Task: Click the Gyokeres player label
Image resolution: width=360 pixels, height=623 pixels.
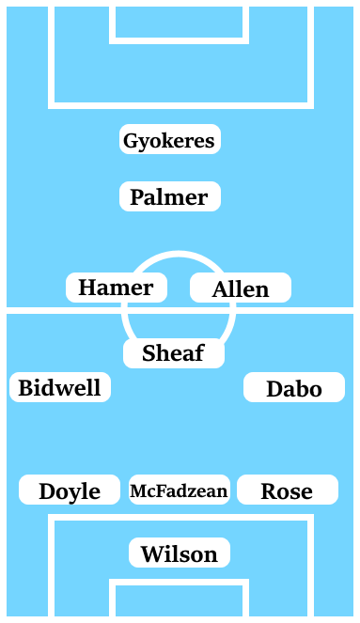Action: tap(170, 141)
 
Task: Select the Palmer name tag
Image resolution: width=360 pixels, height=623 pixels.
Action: tap(170, 197)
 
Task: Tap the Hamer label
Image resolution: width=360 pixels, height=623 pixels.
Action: tap(117, 288)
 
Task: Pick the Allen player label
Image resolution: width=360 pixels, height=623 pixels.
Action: tap(241, 288)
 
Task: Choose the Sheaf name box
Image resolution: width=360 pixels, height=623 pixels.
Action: tap(174, 353)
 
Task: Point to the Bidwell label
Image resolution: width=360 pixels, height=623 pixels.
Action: tap(60, 387)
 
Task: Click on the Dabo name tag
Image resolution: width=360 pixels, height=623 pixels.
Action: tap(293, 388)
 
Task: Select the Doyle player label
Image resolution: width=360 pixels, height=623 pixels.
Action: tap(70, 491)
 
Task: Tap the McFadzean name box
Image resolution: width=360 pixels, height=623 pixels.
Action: tap(179, 491)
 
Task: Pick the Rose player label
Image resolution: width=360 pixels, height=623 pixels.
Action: tap(287, 491)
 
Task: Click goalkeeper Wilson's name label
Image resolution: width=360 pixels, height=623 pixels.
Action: tap(180, 553)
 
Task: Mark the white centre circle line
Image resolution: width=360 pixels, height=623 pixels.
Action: tap(178, 254)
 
